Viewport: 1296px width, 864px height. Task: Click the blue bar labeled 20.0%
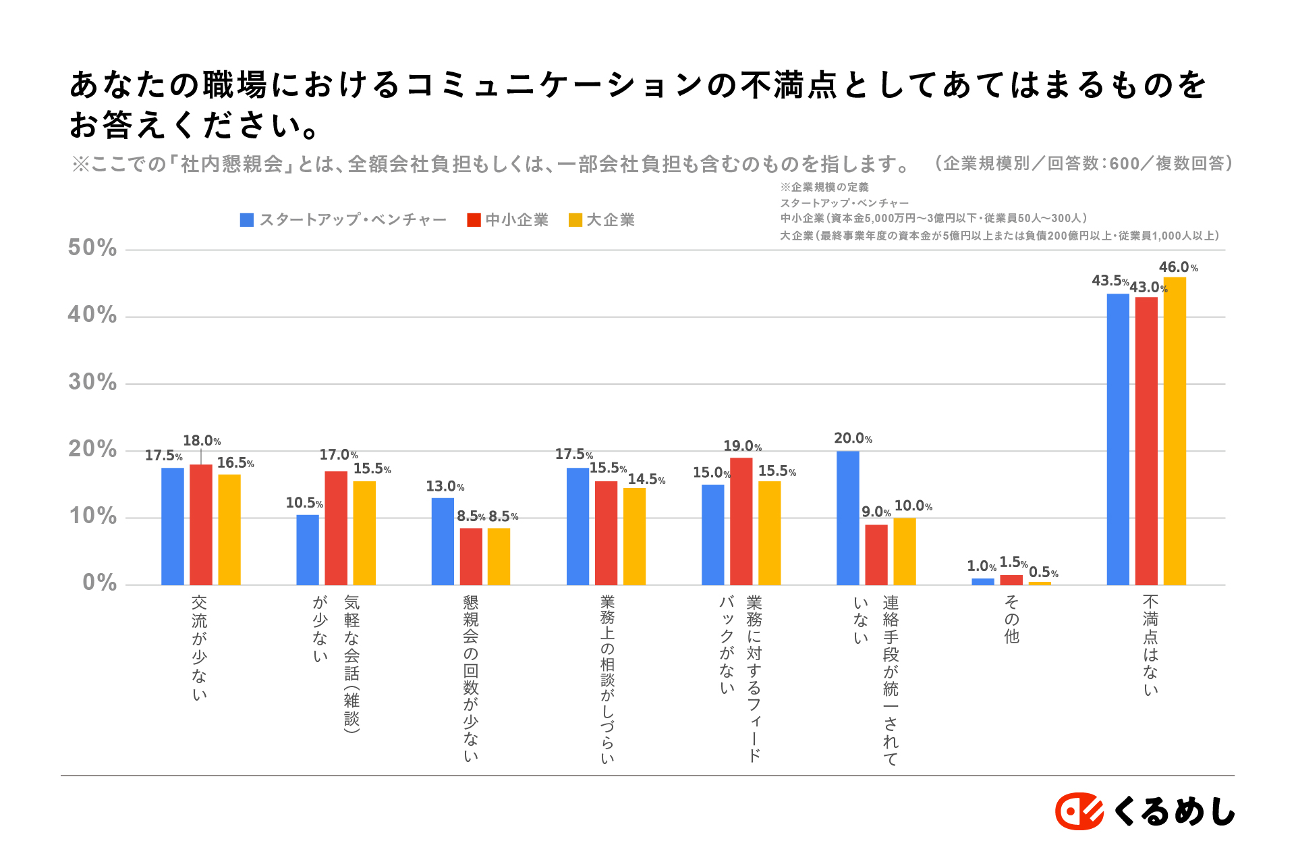coord(848,518)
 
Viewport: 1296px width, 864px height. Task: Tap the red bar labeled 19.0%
coord(741,521)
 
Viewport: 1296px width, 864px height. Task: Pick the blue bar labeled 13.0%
coord(443,541)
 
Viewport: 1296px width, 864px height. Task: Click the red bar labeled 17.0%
coord(336,528)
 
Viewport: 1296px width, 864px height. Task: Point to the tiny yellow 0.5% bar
coord(1040,583)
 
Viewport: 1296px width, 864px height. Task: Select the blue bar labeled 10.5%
coord(308,550)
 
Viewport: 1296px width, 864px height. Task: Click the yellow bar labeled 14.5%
coord(634,537)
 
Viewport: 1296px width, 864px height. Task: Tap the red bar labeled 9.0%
coord(876,555)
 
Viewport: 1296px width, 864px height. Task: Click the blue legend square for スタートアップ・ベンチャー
coord(247,220)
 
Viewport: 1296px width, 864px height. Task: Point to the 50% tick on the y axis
coord(92,248)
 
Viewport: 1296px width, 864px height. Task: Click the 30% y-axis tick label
coord(92,383)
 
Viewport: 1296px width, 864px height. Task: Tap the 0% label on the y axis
coord(100,583)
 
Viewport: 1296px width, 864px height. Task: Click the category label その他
coord(1011,619)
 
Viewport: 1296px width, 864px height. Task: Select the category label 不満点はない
coord(1150,645)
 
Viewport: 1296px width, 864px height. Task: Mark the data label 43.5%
coord(1110,281)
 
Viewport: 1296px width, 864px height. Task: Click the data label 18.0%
coord(202,441)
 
